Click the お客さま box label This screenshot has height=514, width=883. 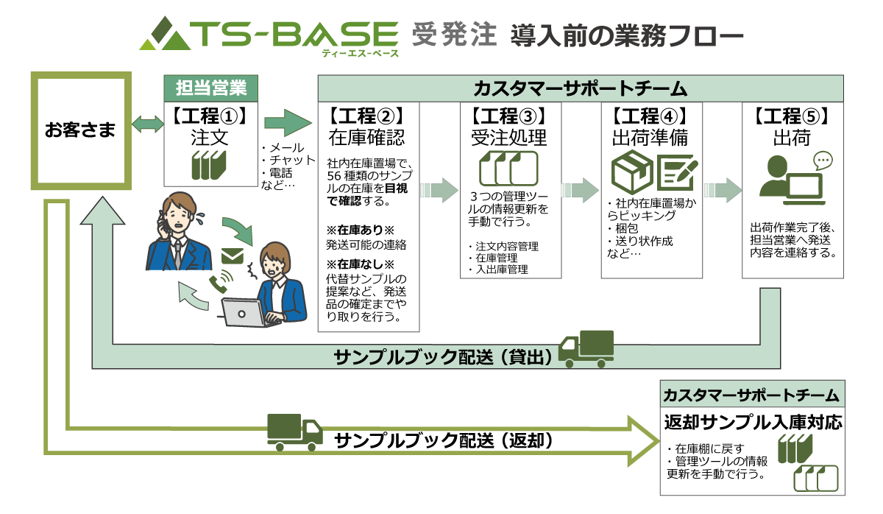click(80, 130)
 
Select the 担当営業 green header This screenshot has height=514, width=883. click(211, 88)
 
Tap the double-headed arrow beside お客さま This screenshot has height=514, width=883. click(148, 124)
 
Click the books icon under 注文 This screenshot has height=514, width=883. click(209, 165)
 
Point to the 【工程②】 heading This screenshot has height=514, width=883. click(367, 116)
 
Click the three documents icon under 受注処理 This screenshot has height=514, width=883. click(508, 169)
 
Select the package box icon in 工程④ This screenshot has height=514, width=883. click(632, 172)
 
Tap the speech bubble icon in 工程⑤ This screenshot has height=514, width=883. click(823, 161)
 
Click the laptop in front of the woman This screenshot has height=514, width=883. click(244, 313)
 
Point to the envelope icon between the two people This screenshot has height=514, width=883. click(233, 256)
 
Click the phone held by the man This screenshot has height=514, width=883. click(162, 223)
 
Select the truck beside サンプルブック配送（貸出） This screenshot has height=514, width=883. click(586, 349)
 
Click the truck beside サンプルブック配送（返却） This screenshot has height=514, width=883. click(295, 432)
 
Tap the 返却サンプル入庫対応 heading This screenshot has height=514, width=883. click(753, 422)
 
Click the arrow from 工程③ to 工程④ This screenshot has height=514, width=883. click(581, 190)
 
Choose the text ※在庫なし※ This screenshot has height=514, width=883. click(360, 264)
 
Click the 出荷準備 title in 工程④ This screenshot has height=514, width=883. click(650, 138)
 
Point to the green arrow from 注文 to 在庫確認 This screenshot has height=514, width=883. click(288, 123)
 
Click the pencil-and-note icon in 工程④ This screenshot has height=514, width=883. click(677, 173)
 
